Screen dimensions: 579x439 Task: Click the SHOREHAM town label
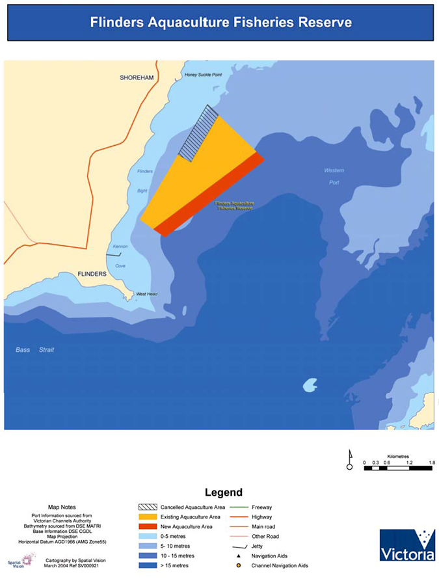point(137,77)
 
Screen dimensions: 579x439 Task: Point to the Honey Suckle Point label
point(204,75)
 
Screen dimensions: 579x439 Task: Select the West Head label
point(146,294)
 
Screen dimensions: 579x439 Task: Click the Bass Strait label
point(35,350)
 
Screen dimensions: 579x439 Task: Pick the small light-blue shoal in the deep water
point(310,385)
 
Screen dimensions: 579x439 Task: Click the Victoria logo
point(407,545)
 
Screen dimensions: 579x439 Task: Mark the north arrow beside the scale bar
point(349,459)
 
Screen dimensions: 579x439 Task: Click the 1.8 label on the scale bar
point(430,463)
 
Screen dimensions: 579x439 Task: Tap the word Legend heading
point(223,492)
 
